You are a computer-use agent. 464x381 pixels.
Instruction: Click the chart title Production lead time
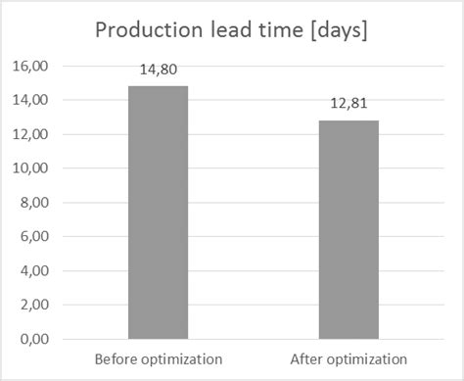[x=231, y=30]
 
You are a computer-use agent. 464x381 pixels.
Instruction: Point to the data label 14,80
[x=158, y=71]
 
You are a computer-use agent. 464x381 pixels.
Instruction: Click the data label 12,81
[x=348, y=105]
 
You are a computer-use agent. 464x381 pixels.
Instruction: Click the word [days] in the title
[x=336, y=31]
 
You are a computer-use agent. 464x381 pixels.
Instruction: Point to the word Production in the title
[x=144, y=30]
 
